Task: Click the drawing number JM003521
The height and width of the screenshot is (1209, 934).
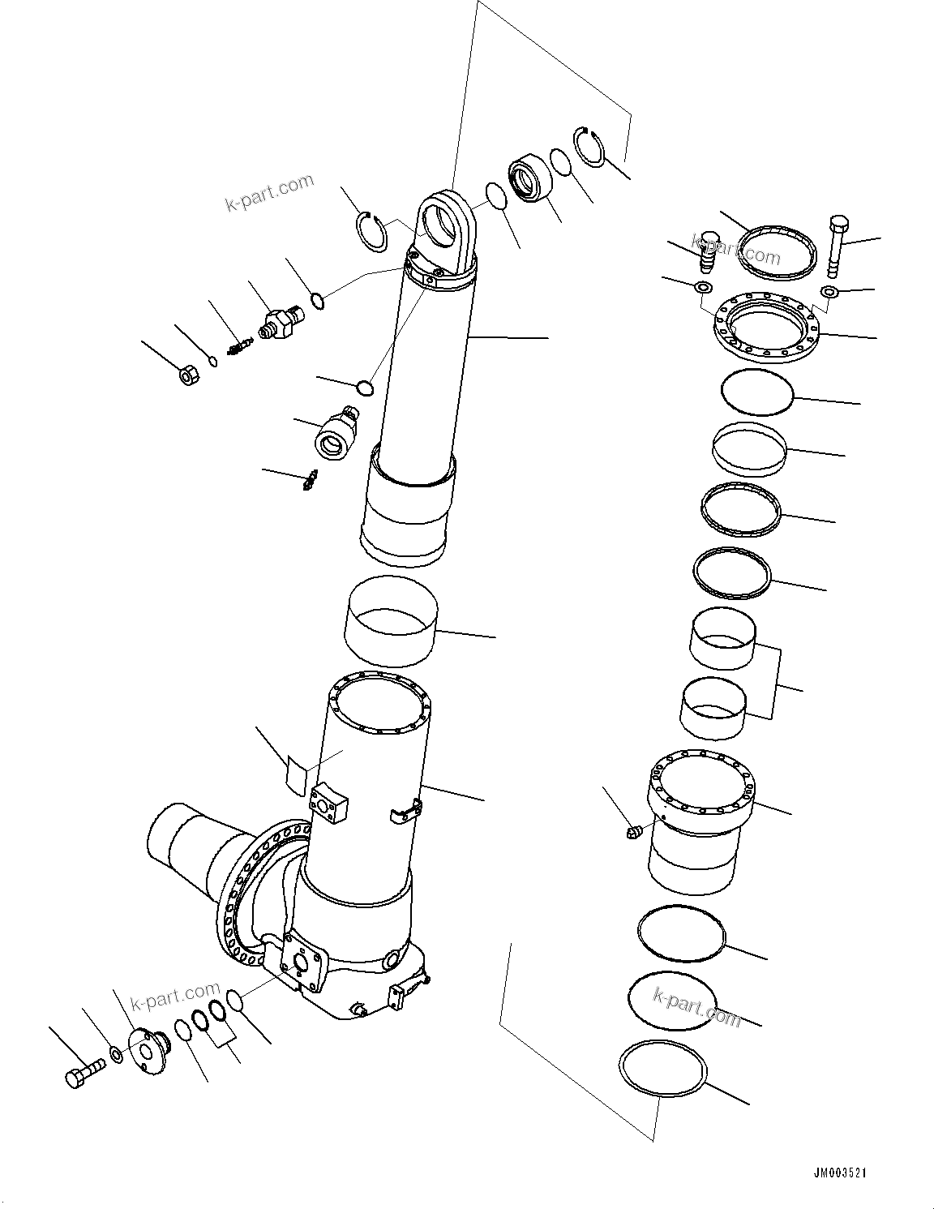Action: coord(842,1173)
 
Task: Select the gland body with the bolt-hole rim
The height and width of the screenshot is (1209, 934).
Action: coord(700,819)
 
